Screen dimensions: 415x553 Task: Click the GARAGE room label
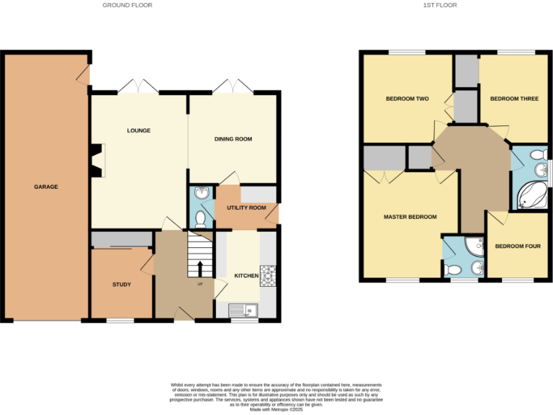tap(45, 187)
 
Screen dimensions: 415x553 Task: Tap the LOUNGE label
tap(138, 130)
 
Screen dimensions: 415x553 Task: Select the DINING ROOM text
tap(233, 139)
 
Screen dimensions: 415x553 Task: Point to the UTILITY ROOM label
tap(246, 207)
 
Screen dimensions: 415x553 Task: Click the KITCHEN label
tap(247, 276)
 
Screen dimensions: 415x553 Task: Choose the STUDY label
tap(122, 285)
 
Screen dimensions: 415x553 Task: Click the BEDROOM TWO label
tap(408, 99)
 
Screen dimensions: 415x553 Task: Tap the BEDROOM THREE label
tap(514, 99)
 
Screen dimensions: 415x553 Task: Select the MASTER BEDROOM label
tap(410, 217)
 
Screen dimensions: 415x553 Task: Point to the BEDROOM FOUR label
tap(518, 246)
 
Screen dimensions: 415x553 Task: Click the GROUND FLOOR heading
tap(127, 5)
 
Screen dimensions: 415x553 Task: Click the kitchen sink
tap(244, 311)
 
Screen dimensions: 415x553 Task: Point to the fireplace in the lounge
tap(97, 160)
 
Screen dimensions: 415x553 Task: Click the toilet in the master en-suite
tap(452, 270)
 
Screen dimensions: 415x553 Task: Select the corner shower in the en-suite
tap(475, 246)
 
